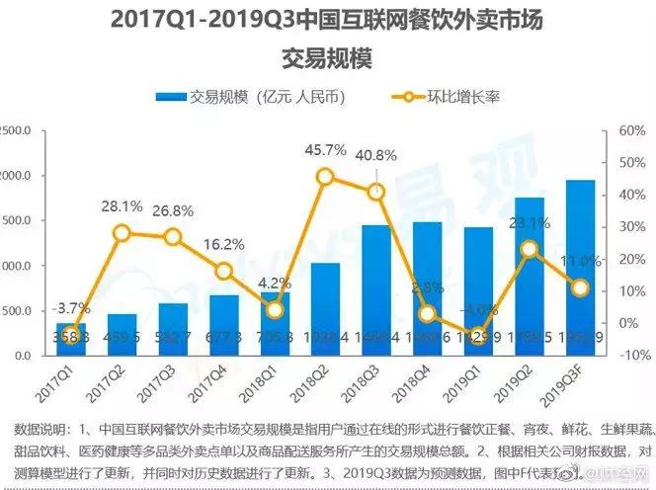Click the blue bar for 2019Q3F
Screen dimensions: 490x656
580,267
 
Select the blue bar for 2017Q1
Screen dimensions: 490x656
70,339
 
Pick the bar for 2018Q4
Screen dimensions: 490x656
427,287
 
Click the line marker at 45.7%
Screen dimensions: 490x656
325,177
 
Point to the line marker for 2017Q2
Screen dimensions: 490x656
122,233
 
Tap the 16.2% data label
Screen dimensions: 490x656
224,244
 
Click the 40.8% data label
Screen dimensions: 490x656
375,155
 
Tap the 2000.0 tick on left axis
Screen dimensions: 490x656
18,176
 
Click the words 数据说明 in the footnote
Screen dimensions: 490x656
39,429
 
